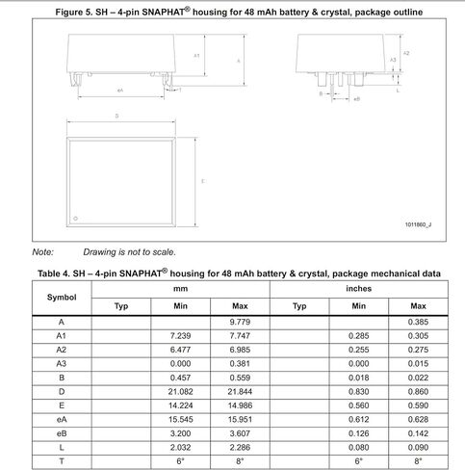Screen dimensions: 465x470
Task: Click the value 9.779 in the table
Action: [239, 320]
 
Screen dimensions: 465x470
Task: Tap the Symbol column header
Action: [62, 297]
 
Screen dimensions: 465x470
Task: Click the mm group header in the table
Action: [180, 288]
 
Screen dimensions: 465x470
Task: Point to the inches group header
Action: [358, 288]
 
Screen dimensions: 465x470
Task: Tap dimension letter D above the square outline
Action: [116, 116]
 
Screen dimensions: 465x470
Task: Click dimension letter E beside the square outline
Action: [201, 180]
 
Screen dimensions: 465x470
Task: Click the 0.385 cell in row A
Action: [418, 320]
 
